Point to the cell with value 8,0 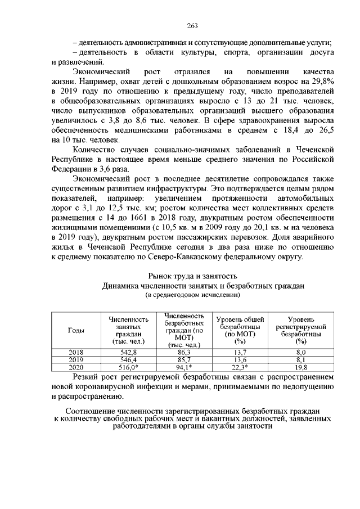point(301,352)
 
